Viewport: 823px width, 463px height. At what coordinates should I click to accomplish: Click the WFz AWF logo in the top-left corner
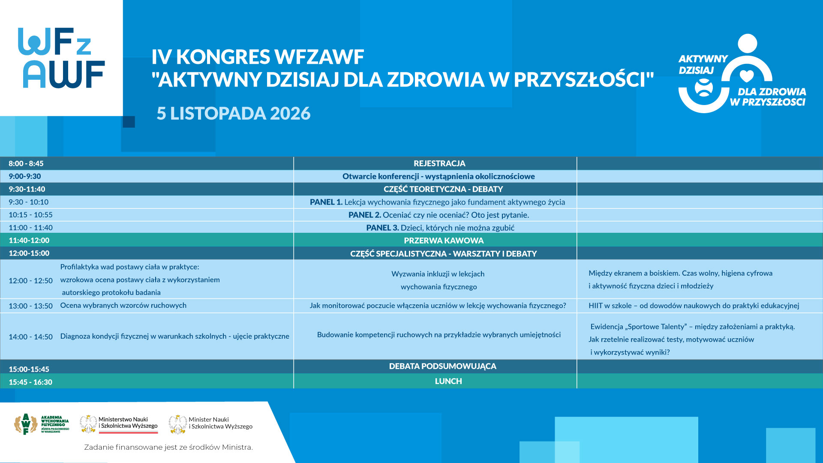pos(61,58)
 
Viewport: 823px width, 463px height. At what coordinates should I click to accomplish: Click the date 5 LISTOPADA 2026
pos(234,113)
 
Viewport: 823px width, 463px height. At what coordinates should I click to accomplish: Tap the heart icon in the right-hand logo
pos(747,76)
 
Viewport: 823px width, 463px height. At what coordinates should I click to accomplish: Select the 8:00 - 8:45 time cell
pos(26,163)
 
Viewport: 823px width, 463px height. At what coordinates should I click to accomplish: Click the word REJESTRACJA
pos(439,163)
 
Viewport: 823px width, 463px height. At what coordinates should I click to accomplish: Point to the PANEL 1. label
pos(326,202)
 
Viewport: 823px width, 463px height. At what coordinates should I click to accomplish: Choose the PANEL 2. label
pos(365,215)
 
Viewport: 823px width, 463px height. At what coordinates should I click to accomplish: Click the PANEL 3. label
pos(382,228)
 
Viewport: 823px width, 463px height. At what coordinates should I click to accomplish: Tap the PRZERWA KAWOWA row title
pos(444,241)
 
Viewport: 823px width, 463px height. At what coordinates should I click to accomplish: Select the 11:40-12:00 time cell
pos(29,241)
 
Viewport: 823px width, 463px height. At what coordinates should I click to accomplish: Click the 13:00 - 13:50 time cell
pos(31,306)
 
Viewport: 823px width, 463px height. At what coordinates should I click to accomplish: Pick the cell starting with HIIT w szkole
pos(694,306)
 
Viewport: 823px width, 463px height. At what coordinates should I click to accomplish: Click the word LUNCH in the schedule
pos(448,381)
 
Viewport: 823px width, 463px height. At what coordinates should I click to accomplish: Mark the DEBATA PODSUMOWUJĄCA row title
pos(443,366)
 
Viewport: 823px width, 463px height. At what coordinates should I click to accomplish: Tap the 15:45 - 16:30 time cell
pos(30,382)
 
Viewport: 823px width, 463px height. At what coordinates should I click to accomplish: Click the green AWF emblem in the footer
pos(26,424)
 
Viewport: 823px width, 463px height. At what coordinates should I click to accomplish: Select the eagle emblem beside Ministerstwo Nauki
pos(88,424)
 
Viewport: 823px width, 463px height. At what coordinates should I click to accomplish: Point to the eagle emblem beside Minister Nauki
pos(178,424)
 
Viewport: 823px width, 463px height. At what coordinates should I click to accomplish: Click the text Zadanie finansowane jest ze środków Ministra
pos(168,447)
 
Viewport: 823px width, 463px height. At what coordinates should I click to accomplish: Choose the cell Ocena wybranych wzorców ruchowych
pos(123,305)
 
